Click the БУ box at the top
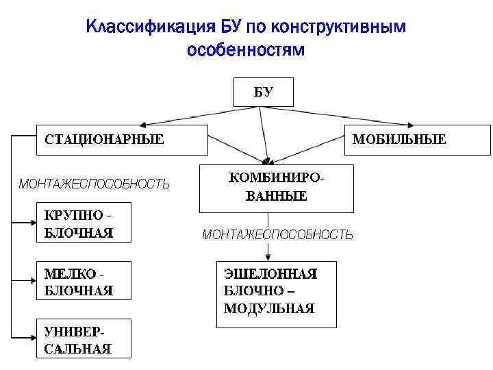(x=264, y=93)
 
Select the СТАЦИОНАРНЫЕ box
(x=121, y=140)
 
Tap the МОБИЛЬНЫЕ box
(x=416, y=140)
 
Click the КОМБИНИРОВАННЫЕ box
(x=276, y=188)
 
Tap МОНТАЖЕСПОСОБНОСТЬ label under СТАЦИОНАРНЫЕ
(x=94, y=184)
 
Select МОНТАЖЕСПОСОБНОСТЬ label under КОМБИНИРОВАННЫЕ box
(x=277, y=235)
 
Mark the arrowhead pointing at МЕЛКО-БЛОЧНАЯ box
(x=33, y=280)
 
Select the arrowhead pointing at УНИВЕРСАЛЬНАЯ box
(x=33, y=337)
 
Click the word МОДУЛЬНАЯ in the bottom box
(x=269, y=309)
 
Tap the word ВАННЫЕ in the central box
(x=276, y=196)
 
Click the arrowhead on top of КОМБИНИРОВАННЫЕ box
(x=267, y=161)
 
